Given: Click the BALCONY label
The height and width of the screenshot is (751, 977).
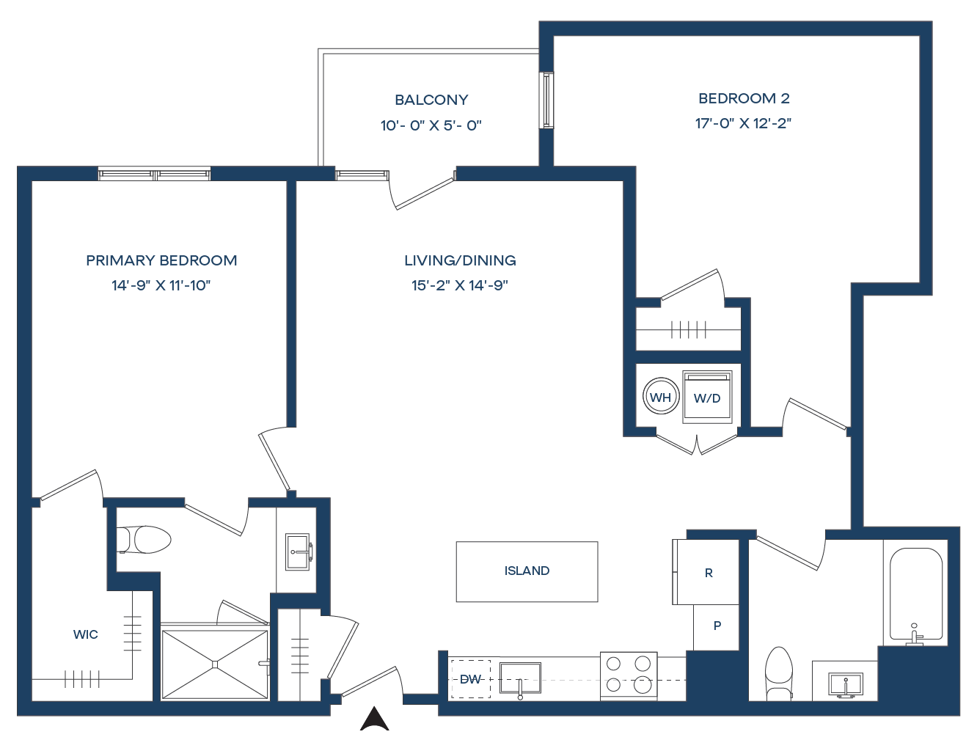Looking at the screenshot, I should click(x=431, y=100).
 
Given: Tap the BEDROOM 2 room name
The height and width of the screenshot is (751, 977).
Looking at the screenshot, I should click(x=744, y=98).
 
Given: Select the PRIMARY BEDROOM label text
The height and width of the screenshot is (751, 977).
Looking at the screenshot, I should click(x=161, y=260).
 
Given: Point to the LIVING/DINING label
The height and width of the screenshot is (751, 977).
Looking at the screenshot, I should click(x=460, y=260).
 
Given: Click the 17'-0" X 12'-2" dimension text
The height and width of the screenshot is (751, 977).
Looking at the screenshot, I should click(x=744, y=123).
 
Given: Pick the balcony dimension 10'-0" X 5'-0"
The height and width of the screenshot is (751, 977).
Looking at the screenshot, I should click(x=431, y=125).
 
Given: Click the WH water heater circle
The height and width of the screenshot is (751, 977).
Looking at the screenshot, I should click(x=660, y=398).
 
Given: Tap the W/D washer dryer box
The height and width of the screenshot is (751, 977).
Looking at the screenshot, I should click(x=708, y=398).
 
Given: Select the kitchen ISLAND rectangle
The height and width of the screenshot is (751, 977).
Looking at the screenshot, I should click(x=527, y=571).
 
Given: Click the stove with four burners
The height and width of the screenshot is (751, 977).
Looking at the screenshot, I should click(x=629, y=675).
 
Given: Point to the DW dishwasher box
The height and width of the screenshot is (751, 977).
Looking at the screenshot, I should click(x=470, y=679).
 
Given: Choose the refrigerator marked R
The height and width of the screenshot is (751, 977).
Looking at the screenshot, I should click(x=708, y=573).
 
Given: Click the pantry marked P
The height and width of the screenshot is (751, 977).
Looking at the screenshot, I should click(x=717, y=626).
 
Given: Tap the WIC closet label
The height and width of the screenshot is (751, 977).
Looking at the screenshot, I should click(x=86, y=634).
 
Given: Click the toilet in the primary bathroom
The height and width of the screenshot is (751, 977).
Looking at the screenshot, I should click(x=145, y=540).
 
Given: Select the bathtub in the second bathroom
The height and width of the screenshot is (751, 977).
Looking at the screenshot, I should click(x=916, y=594).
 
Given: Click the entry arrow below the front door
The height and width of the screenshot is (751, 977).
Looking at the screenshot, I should click(x=374, y=719).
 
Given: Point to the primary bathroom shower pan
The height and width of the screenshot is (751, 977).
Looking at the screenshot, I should click(x=215, y=664).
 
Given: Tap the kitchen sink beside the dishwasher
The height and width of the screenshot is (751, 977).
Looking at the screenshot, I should click(x=520, y=678).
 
